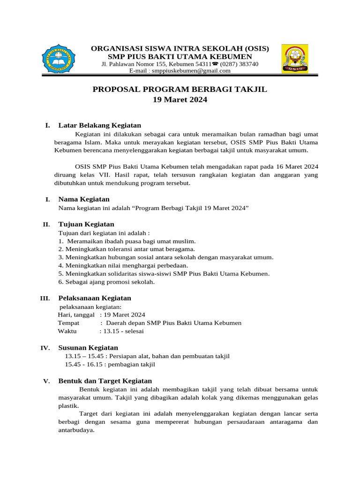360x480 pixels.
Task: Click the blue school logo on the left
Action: pos(58,59)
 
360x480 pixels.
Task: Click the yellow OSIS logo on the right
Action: pos(294,59)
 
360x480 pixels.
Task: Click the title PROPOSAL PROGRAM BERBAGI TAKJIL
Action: pos(180,90)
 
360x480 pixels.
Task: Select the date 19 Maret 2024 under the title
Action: pos(180,100)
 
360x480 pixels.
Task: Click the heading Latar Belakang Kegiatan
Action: pos(99,125)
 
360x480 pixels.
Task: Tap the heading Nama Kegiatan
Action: pos(84,199)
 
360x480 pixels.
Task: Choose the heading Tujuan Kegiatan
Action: pos(86,224)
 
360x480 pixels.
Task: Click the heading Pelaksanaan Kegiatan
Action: pos(95,298)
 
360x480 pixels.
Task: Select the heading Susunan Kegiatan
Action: pos(88,347)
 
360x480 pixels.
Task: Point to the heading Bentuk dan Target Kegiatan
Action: pos(105,381)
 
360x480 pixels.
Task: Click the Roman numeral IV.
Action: pos(45,348)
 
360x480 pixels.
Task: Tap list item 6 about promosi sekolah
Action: pos(106,282)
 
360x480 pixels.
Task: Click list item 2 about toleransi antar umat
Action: pos(127,249)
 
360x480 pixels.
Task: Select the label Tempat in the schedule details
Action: pos(68,323)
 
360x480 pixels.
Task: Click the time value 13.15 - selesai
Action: pos(123,331)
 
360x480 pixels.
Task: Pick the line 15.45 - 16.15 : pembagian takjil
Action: pos(110,364)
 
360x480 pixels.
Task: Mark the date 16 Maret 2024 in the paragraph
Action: pos(292,166)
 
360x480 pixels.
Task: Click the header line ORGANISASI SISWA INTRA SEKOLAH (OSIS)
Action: pos(180,49)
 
